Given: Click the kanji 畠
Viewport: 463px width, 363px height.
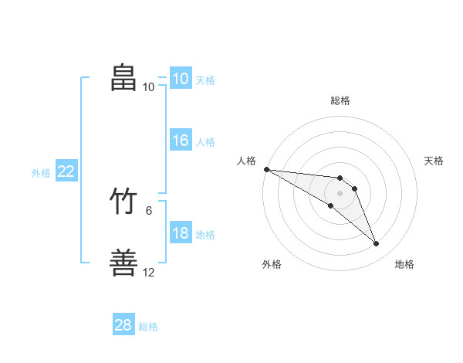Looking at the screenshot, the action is (x=123, y=77).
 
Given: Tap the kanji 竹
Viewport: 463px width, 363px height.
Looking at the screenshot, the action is (x=123, y=201).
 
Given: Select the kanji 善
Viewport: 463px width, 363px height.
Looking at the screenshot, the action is (x=123, y=262).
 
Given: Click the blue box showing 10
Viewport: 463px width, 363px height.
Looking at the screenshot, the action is (x=181, y=78).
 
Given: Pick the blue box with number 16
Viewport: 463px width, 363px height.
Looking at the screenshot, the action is (x=181, y=140).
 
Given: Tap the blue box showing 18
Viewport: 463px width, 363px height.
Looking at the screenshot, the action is (x=181, y=232).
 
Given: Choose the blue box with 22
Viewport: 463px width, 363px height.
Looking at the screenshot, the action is (x=66, y=170).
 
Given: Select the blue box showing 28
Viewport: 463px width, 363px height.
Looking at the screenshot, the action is (x=123, y=324).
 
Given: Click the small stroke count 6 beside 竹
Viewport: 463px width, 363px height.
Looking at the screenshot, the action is (x=149, y=211).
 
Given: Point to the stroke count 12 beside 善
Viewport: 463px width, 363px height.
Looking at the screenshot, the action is (x=148, y=272).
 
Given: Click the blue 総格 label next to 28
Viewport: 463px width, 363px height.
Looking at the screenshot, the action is (x=148, y=327).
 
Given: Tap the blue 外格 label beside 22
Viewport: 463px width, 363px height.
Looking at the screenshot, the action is (x=41, y=173).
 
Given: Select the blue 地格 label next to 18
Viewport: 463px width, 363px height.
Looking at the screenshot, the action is (x=205, y=235).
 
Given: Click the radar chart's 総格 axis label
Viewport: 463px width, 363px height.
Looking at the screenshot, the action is (x=340, y=100).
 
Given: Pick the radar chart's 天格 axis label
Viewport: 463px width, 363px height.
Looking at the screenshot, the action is (x=434, y=161).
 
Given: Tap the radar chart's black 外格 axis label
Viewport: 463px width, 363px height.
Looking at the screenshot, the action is (x=272, y=264).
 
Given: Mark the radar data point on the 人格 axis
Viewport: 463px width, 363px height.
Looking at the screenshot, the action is (x=267, y=169).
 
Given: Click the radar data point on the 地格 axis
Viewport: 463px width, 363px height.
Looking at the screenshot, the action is (x=376, y=243).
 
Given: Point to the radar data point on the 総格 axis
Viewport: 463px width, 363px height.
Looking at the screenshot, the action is (x=340, y=178).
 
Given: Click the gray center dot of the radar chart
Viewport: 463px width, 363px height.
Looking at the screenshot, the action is (x=340, y=193).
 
